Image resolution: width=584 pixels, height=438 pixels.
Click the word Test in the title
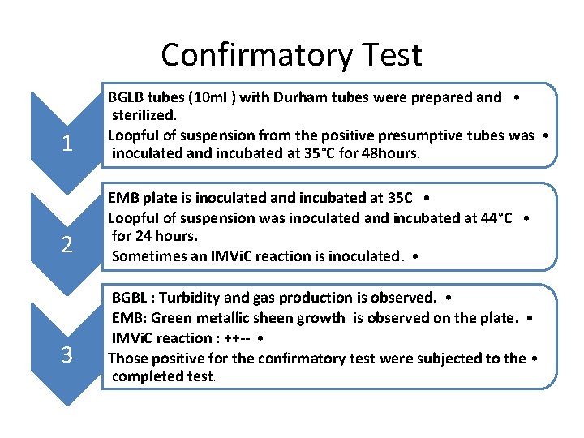click(x=391, y=55)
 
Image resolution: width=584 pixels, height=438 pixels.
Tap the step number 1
click(x=67, y=144)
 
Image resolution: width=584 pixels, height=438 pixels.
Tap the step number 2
click(x=67, y=244)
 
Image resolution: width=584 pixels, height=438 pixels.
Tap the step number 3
click(x=67, y=354)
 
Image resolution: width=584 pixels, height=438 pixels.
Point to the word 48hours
click(x=390, y=152)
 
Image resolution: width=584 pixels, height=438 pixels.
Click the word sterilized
click(x=146, y=116)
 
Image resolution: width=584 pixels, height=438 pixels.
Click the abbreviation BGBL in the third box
click(x=130, y=298)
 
